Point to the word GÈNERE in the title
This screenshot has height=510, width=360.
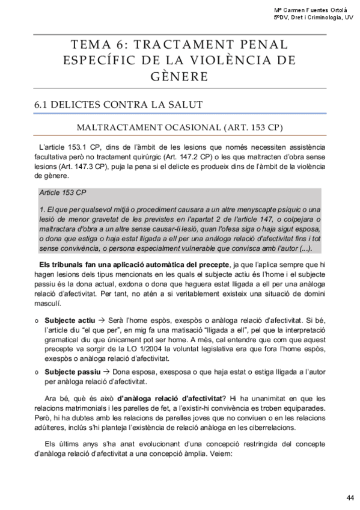point(180,76)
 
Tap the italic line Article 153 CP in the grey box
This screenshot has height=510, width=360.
point(63,194)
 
